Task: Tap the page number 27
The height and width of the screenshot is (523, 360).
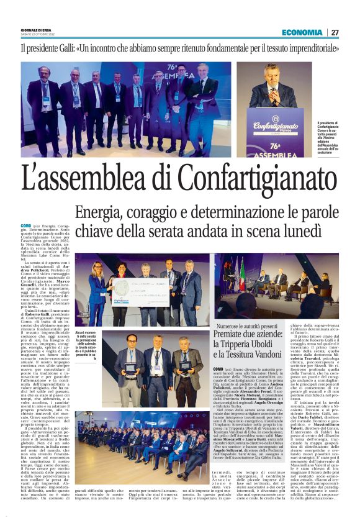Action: (x=335, y=32)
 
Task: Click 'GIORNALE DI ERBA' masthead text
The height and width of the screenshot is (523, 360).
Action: (x=35, y=29)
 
